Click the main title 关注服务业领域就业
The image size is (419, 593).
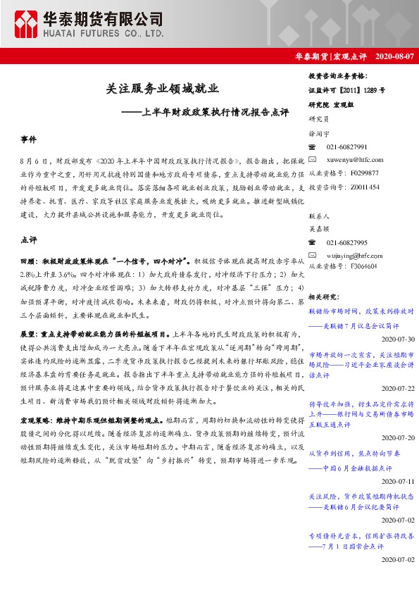coord(163,89)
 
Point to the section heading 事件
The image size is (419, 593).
coord(28,141)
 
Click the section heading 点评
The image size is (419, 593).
coord(28,240)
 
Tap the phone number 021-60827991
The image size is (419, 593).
coord(346,146)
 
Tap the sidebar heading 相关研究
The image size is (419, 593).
coord(325,297)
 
